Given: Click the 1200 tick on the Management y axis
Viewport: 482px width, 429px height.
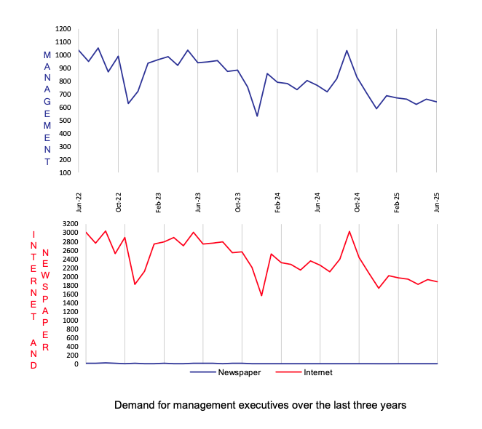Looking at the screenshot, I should coord(63,29).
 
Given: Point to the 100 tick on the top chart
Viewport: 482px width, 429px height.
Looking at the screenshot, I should coord(66,172).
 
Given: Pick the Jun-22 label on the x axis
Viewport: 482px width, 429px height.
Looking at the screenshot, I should coord(79,201).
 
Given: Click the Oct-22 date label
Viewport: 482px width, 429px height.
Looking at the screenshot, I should coord(119,201).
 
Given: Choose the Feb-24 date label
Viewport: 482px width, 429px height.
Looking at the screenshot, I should coord(277,201).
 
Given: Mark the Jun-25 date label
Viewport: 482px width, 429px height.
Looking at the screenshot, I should coord(437,201).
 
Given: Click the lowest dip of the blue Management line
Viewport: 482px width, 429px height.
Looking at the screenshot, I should coord(257,116).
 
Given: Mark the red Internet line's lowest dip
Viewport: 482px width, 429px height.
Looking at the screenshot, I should coord(261,295).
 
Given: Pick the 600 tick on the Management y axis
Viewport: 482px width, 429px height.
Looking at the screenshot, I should coord(66,107).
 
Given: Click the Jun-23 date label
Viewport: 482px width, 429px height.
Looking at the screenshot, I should coord(198,201).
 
